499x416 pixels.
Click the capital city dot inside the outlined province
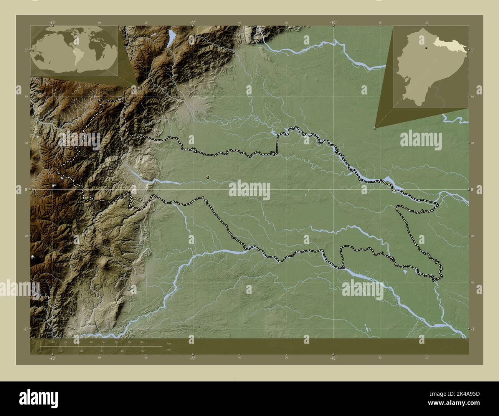click(208, 177)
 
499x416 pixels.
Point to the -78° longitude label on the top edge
click(52, 23)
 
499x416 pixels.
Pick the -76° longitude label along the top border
click(333, 23)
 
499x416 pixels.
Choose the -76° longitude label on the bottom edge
click(333, 358)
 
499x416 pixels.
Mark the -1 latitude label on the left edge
click(25, 329)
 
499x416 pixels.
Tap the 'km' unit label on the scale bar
click(169, 343)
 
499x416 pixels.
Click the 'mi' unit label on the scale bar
click(169, 350)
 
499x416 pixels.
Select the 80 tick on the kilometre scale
click(142, 341)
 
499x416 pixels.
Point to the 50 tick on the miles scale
click(142, 351)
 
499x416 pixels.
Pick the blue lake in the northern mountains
click(170, 38)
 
